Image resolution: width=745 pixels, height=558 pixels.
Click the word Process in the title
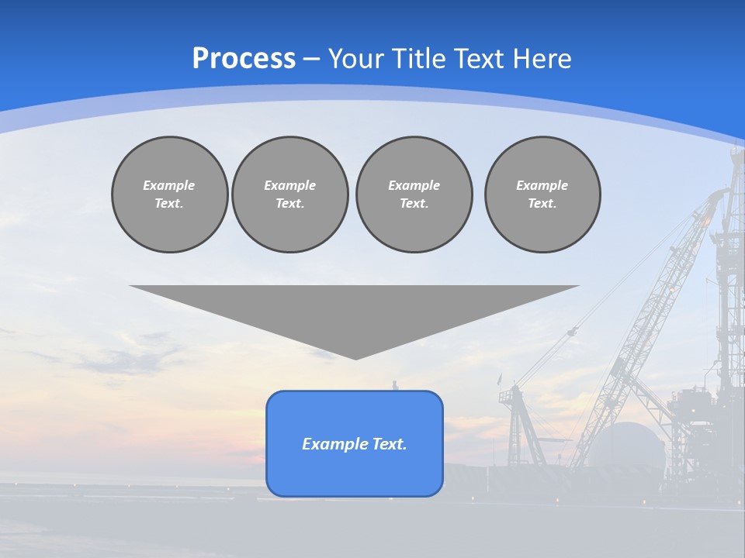point(244,59)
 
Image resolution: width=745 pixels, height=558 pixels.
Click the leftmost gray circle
point(169,195)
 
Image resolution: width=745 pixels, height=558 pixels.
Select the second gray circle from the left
point(289,195)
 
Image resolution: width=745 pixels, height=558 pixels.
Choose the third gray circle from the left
point(414,195)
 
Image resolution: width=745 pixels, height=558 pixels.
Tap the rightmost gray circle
point(542,195)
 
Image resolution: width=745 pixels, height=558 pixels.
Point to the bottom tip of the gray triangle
point(355,357)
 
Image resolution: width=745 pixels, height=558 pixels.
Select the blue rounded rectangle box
point(355,465)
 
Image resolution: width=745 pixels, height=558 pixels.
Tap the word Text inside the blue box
point(390,444)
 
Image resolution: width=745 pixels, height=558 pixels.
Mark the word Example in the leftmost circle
point(169,185)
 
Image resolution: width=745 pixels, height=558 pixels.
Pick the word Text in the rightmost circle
point(542,204)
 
